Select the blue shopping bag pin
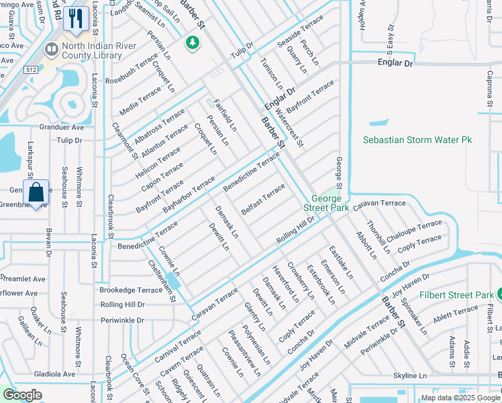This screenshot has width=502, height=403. (x=36, y=191)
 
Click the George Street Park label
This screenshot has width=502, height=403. (x=330, y=204)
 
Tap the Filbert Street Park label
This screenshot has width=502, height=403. (x=456, y=295)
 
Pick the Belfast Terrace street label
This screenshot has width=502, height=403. (x=264, y=199)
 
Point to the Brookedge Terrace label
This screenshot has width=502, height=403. (x=131, y=289)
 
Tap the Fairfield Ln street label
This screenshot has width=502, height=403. (x=225, y=115)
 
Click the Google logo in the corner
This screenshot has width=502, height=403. (x=22, y=395)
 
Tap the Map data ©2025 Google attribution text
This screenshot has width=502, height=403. (x=460, y=398)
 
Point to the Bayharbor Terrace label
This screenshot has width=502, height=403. (x=189, y=194)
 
